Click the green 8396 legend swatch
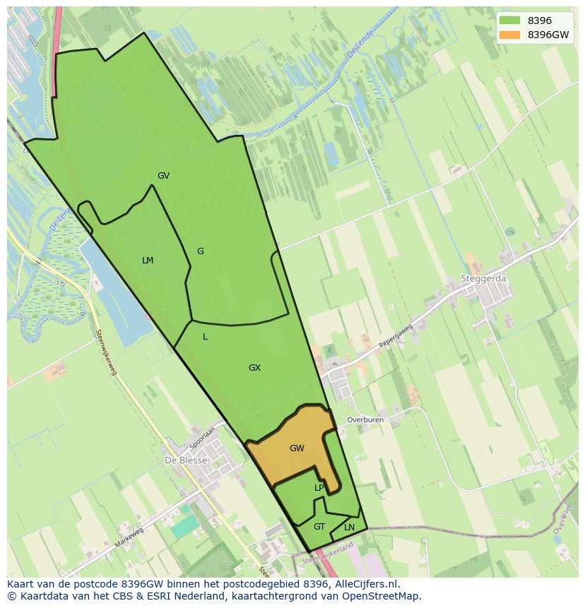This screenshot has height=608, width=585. pyautogui.click(x=509, y=20)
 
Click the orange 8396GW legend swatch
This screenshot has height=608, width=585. pyautogui.click(x=509, y=35)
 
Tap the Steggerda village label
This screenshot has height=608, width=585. pyautogui.click(x=484, y=279)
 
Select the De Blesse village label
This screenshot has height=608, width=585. pyautogui.click(x=186, y=460)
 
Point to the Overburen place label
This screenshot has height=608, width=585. pyautogui.click(x=365, y=419)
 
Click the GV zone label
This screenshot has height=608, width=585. pyautogui.click(x=163, y=176)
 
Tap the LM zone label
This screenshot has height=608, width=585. pyautogui.click(x=148, y=261)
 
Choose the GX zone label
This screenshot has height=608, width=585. pyautogui.click(x=254, y=368)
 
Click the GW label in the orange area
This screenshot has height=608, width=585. pyautogui.click(x=297, y=448)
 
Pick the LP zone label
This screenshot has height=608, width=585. pyautogui.click(x=319, y=488)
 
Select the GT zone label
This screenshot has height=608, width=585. pyautogui.click(x=319, y=527)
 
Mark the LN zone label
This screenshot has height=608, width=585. pyautogui.click(x=349, y=527)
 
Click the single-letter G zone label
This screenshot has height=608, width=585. pyautogui.click(x=201, y=251)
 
